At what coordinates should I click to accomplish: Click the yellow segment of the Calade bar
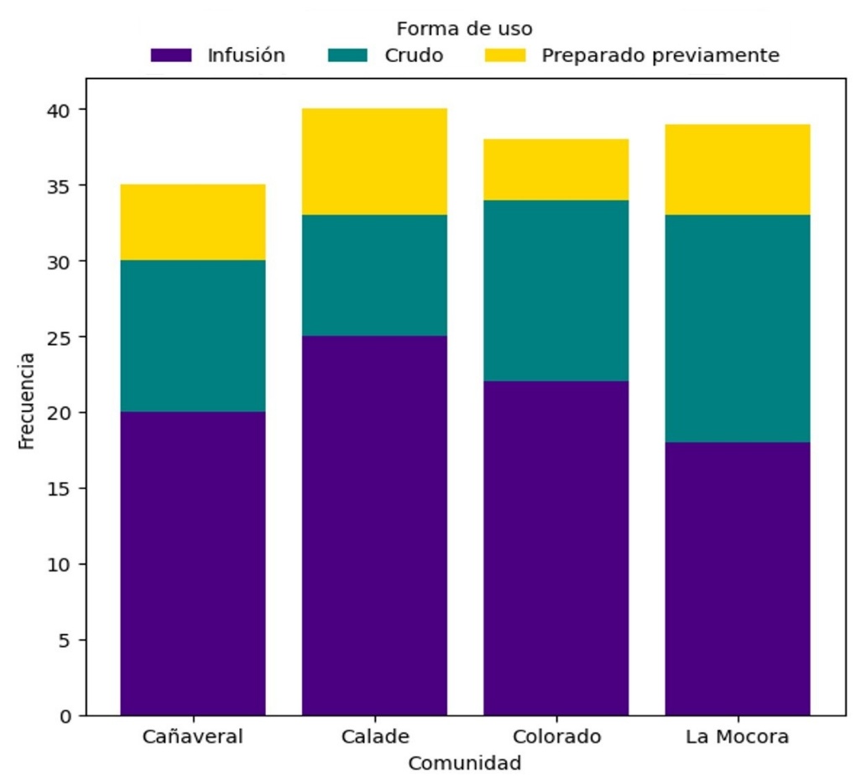tap(374, 162)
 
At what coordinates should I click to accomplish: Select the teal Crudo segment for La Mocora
tap(737, 329)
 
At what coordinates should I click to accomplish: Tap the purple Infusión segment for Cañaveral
tap(193, 563)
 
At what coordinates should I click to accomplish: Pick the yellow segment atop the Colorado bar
tap(556, 169)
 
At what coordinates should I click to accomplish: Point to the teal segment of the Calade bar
tap(374, 275)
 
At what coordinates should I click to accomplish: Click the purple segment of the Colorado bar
tap(556, 548)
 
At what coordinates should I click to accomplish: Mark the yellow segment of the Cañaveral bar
tap(193, 222)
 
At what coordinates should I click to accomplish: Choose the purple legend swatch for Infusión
tap(171, 55)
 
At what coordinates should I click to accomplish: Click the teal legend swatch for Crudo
tap(347, 55)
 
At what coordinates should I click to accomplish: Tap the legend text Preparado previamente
tap(660, 55)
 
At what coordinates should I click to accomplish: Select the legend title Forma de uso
tap(464, 29)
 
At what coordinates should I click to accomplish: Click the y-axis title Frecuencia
tap(27, 401)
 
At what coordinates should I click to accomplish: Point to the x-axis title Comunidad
tap(464, 763)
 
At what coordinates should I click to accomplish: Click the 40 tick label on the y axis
tap(65, 110)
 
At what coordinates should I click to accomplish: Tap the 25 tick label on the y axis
tap(65, 337)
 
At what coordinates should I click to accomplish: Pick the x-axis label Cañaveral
tap(193, 737)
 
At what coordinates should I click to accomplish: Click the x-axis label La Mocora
tap(737, 737)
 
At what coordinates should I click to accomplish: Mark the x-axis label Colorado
tap(556, 737)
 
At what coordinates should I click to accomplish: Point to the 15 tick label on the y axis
tap(65, 488)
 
